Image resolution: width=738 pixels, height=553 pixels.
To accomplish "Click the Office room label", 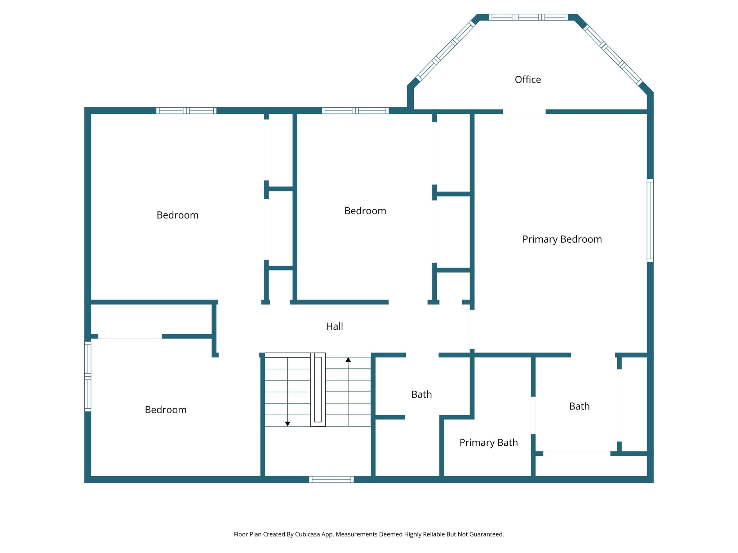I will (528, 80).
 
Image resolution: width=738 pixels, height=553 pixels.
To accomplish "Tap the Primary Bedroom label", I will (562, 239).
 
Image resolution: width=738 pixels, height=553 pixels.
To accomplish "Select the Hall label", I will (334, 327).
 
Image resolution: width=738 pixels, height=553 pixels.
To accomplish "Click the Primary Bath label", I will (488, 442).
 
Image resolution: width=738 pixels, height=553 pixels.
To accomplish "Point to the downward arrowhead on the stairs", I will (288, 424).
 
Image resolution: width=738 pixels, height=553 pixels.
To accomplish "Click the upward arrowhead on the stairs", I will (348, 360).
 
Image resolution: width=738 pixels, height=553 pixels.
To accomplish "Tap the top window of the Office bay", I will (528, 17).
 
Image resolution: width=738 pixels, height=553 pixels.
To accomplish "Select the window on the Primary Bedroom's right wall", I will (650, 220).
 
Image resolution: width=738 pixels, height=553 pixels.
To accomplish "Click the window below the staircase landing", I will (331, 479).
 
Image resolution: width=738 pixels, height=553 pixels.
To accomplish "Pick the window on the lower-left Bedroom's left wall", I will (88, 376).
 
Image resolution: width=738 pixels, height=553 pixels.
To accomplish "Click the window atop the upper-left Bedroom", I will (186, 111).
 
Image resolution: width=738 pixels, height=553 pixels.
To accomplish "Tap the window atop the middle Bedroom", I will (355, 111).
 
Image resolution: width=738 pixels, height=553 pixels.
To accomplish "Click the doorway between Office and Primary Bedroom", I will (524, 112).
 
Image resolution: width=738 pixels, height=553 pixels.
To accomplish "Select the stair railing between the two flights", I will (318, 390).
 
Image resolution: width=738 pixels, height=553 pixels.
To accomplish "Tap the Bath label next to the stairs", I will (421, 395).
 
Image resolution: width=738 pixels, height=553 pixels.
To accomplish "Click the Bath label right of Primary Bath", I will (579, 406).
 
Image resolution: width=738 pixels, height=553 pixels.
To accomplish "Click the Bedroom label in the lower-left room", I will (165, 410).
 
